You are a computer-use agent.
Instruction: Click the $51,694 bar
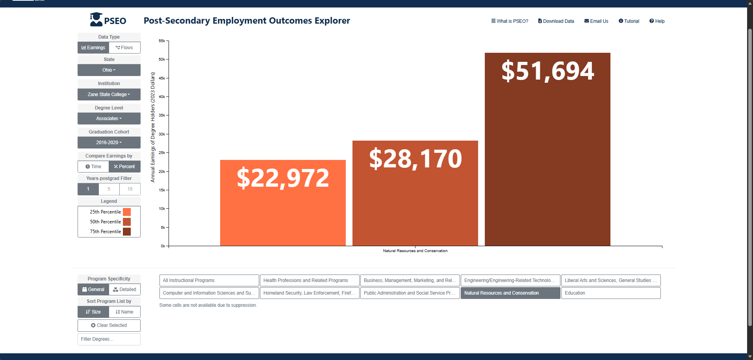(547, 149)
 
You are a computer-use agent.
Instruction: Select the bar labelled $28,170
(415, 193)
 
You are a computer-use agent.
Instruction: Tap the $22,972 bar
(283, 203)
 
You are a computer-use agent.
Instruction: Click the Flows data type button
(124, 48)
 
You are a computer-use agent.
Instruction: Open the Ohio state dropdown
(109, 70)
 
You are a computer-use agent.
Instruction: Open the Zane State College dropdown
(109, 95)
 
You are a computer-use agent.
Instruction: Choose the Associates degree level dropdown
(109, 119)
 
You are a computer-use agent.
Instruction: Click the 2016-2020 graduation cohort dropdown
(109, 143)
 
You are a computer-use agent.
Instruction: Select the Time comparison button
(93, 167)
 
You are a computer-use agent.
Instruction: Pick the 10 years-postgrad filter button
(130, 189)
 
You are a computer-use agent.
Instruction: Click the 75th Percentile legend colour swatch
(127, 232)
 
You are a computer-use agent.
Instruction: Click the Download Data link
(556, 21)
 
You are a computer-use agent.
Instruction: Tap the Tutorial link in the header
(629, 21)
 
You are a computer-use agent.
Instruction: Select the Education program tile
(611, 293)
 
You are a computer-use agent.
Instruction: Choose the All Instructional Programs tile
(209, 280)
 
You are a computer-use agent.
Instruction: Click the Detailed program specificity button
(125, 289)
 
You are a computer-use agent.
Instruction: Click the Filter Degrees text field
(109, 339)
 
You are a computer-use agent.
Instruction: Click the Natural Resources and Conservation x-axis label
(415, 251)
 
